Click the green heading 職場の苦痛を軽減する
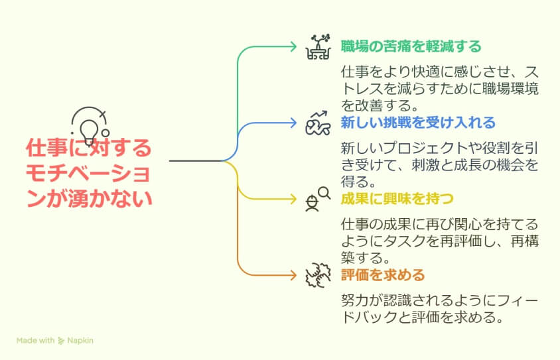click(x=411, y=46)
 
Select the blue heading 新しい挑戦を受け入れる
click(x=418, y=123)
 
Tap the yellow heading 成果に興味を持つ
click(x=397, y=199)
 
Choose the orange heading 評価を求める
click(x=383, y=275)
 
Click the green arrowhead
click(x=293, y=46)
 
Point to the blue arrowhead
click(x=293, y=123)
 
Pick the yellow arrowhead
click(x=293, y=199)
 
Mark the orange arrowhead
click(x=293, y=275)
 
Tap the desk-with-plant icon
click(x=318, y=46)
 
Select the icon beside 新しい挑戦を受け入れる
click(x=318, y=123)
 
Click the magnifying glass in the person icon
click(x=324, y=193)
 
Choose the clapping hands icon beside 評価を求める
click(x=318, y=275)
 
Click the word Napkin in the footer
click(x=80, y=340)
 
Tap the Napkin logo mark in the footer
click(x=61, y=341)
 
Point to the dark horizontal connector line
click(x=196, y=161)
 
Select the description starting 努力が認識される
click(x=439, y=309)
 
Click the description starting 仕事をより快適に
click(x=439, y=88)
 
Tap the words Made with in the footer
click(x=35, y=340)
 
